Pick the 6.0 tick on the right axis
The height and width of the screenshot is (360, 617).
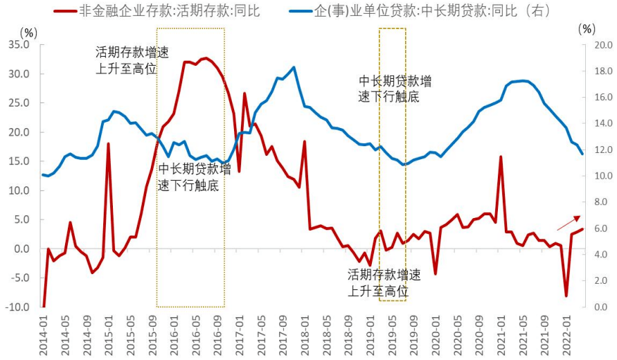point(600,228)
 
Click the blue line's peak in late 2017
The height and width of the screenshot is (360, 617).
point(294,67)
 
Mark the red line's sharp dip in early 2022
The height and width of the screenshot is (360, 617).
point(566,296)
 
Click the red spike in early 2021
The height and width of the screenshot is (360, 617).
point(501,157)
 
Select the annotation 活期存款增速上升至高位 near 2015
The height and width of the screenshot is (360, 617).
point(132,61)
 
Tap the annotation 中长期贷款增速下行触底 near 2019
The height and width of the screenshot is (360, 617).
point(394,89)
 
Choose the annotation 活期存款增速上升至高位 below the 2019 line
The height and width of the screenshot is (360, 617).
point(384,282)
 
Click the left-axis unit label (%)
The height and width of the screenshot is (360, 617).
point(28,32)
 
